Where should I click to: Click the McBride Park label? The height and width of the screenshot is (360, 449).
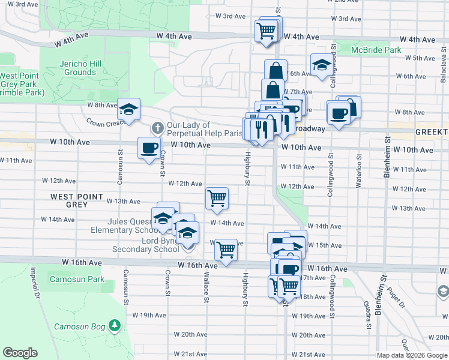[376, 50]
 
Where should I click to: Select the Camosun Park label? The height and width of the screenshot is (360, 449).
[77, 279]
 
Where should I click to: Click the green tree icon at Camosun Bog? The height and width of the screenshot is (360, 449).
[115, 326]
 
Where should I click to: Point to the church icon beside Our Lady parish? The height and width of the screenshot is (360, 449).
[157, 128]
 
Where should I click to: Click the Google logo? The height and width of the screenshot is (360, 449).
[20, 353]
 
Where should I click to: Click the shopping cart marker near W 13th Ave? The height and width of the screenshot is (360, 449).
[217, 197]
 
